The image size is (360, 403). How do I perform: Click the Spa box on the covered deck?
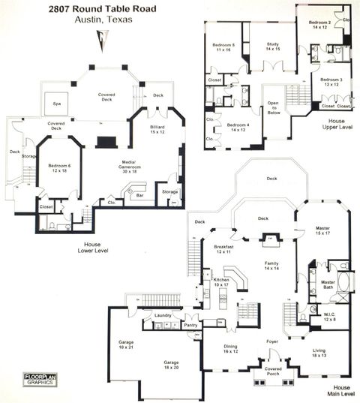click(x=56, y=104)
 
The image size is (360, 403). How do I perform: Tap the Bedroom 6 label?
click(x=59, y=167)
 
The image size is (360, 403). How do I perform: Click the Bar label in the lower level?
click(x=139, y=195)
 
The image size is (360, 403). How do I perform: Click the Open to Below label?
click(x=271, y=109)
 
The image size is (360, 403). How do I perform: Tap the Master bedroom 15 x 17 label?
click(x=322, y=230)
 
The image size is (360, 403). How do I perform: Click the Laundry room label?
click(x=163, y=317)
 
